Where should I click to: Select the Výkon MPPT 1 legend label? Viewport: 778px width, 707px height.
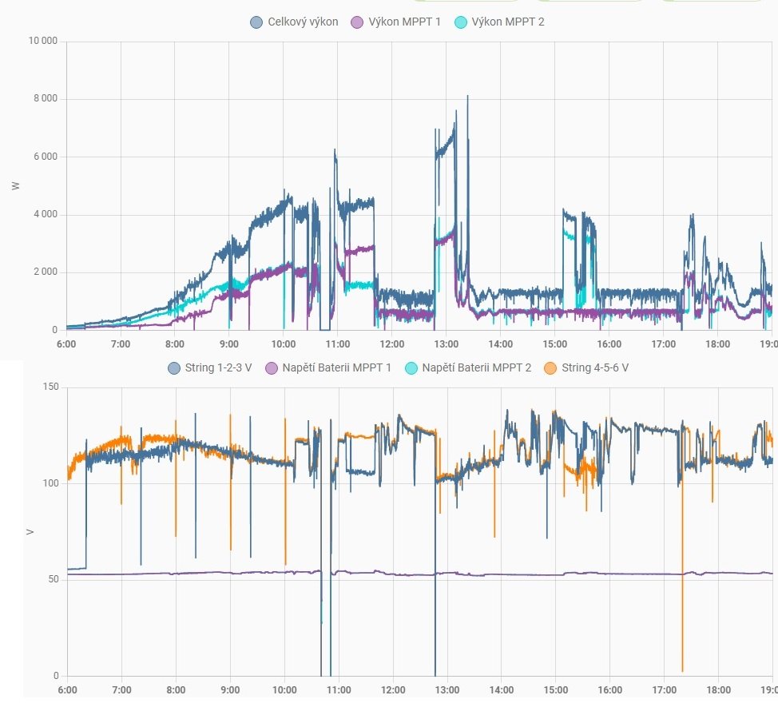(x=403, y=22)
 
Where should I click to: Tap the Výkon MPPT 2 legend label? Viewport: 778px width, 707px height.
(x=506, y=22)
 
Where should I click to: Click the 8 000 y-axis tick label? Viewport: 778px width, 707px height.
(x=45, y=99)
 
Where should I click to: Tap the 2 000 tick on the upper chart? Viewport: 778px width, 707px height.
(x=45, y=272)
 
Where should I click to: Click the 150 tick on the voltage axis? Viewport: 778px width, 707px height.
(x=50, y=387)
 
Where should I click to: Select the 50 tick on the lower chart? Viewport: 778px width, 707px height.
(x=53, y=579)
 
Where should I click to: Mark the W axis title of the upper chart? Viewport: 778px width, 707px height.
(x=15, y=185)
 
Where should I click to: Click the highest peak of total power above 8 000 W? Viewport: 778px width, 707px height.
(x=467, y=96)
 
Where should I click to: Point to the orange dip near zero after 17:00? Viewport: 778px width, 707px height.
(x=683, y=669)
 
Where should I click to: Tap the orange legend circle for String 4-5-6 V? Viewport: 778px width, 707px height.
(x=550, y=368)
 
